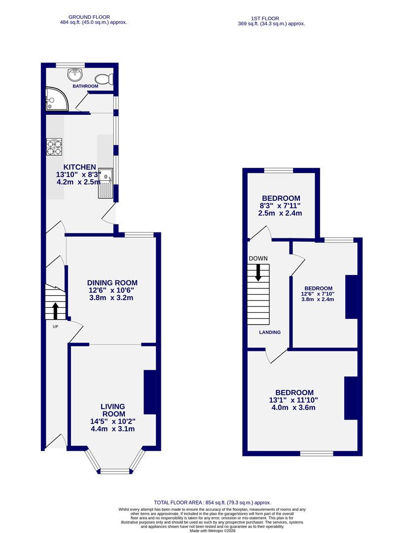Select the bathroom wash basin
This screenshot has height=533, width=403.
coord(75,75)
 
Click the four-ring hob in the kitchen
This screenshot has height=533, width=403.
coord(55,147)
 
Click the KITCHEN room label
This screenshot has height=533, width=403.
coord(79,167)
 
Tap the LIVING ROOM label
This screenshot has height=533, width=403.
coord(113,410)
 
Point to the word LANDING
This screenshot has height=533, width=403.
coord(270,332)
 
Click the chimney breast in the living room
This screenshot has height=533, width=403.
coord(149,392)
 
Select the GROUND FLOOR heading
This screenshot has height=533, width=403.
coord(89,17)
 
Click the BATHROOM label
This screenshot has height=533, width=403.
coord(85,86)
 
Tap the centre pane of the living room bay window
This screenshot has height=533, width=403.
coord(114,471)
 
